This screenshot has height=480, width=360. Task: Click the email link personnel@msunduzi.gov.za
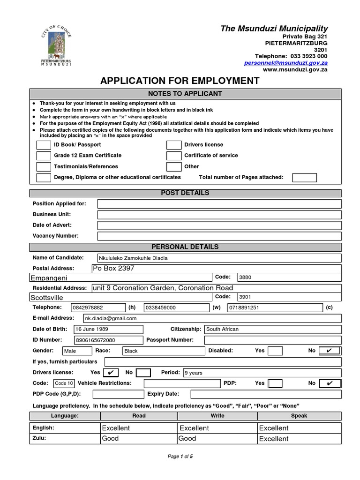point(285,62)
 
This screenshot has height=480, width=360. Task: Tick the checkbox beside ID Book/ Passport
point(44,145)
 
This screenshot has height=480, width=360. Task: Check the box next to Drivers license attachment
point(173,145)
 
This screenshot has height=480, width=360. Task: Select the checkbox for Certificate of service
point(173,156)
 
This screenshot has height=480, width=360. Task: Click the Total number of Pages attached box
point(304,178)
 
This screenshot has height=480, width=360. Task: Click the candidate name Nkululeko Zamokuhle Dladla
point(133,258)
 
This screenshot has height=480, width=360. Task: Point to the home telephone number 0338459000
point(160,307)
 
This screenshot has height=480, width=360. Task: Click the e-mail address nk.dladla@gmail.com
point(111,318)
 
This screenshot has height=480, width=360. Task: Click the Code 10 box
point(64,383)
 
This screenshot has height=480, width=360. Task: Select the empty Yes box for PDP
point(275,383)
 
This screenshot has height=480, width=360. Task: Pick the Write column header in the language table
point(217,416)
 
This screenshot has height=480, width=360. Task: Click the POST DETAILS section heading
point(185,193)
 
